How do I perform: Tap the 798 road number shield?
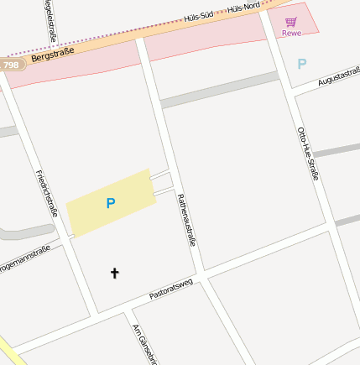[x=11, y=65]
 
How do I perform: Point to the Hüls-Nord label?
[x=243, y=7]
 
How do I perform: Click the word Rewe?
[x=291, y=33]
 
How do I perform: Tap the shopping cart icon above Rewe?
[x=291, y=21]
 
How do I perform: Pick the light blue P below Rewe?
[x=302, y=63]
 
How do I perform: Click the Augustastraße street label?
[x=337, y=77]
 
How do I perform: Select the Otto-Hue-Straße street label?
[x=309, y=153]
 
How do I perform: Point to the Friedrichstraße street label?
[x=47, y=193]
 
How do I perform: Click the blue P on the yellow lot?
[x=110, y=203]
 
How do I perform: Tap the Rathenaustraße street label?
[x=186, y=219]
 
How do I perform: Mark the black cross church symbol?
[x=115, y=273]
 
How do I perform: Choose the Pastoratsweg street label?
[x=171, y=289]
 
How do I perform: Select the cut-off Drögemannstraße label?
[x=25, y=255]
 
